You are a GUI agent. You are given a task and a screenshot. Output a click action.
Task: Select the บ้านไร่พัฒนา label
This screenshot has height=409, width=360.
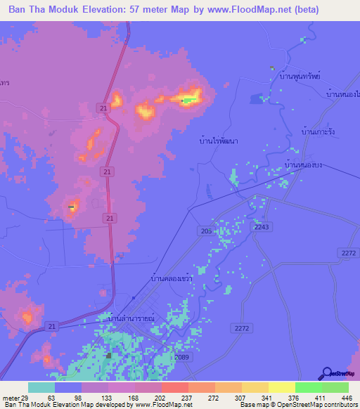click(x=218, y=141)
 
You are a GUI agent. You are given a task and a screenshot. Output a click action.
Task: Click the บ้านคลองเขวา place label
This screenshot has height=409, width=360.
click(x=172, y=278)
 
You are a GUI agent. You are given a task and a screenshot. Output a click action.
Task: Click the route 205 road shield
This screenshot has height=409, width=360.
click(x=203, y=231)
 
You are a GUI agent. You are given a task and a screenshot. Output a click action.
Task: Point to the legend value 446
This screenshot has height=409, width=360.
click(x=348, y=397)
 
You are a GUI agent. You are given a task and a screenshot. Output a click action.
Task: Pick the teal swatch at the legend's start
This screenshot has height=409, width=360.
click(x=41, y=387)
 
